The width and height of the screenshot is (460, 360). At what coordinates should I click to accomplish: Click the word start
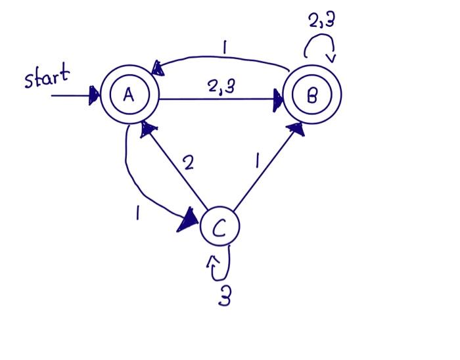click(x=46, y=79)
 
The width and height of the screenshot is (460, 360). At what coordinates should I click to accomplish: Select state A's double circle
click(x=129, y=96)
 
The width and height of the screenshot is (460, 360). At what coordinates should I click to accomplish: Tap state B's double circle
click(x=312, y=96)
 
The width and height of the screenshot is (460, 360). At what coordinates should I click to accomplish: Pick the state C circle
click(x=219, y=227)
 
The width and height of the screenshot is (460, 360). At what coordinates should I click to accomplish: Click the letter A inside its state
click(x=129, y=96)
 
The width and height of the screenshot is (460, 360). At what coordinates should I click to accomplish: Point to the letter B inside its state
click(x=312, y=96)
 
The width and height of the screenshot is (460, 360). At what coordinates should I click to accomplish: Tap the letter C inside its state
click(x=219, y=227)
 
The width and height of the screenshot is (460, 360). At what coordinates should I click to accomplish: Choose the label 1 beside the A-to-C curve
click(x=137, y=212)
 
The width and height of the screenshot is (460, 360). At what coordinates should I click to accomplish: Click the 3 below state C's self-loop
click(x=224, y=298)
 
